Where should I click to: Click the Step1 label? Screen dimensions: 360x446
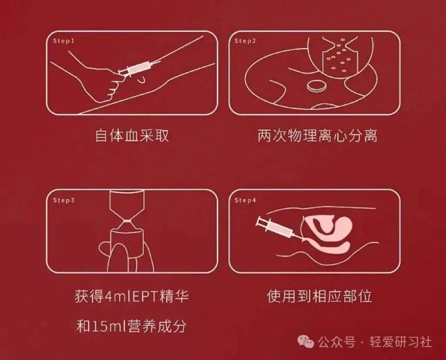(63, 41)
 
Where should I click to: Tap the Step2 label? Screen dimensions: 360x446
(245, 41)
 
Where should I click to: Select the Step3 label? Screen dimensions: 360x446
(63, 200)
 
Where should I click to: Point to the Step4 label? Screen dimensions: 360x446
(245, 200)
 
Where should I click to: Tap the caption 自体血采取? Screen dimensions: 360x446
(132, 135)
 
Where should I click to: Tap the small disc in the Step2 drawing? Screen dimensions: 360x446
(317, 86)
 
